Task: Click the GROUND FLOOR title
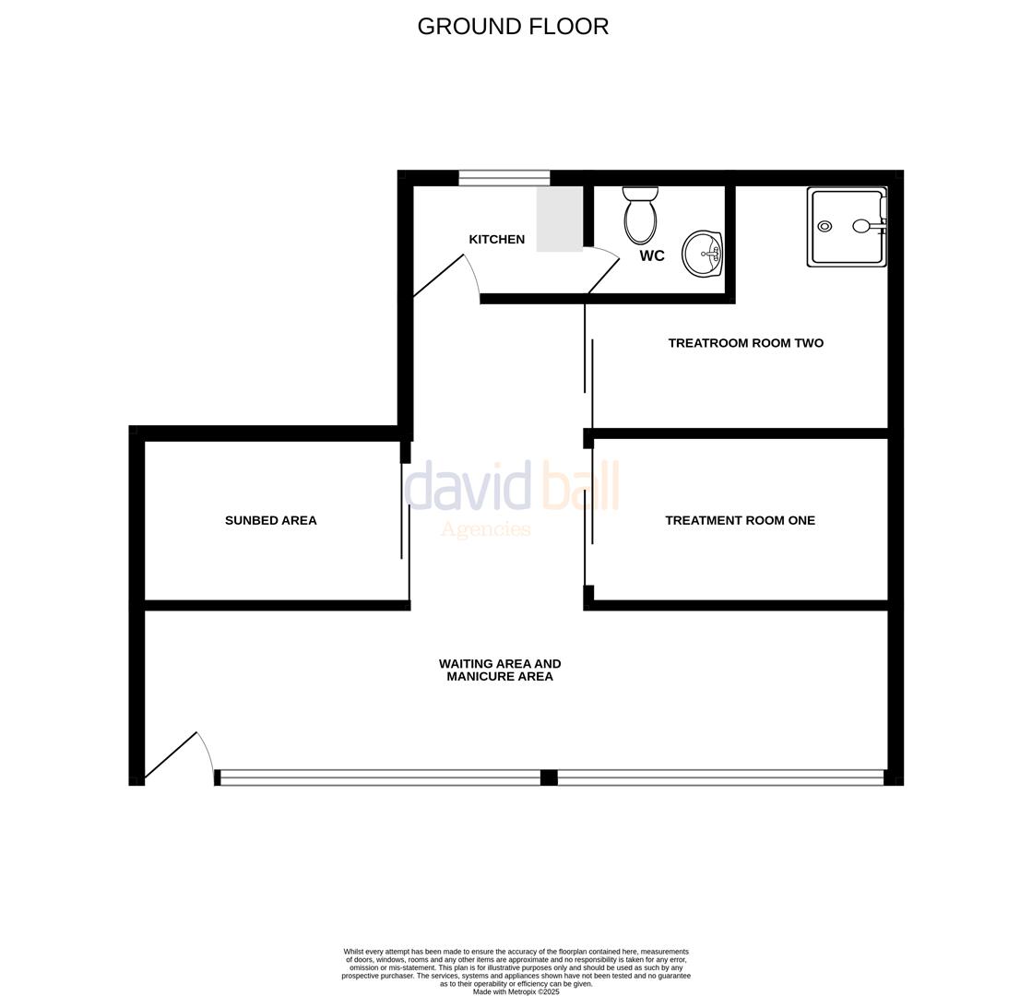pyautogui.click(x=513, y=27)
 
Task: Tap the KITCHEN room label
pyautogui.click(x=496, y=240)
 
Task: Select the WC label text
pyautogui.click(x=651, y=256)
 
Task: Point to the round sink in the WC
pyautogui.click(x=703, y=254)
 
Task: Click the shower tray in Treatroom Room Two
pyautogui.click(x=846, y=227)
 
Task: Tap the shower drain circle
pyautogui.click(x=824, y=227)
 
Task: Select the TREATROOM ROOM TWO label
pyautogui.click(x=745, y=343)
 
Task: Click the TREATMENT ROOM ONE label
pyautogui.click(x=740, y=520)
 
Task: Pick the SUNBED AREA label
pyautogui.click(x=270, y=521)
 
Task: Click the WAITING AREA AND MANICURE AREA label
pyautogui.click(x=499, y=670)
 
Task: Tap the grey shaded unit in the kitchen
pyautogui.click(x=559, y=219)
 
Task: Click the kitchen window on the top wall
pyautogui.click(x=504, y=178)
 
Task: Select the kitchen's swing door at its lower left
pyautogui.click(x=439, y=275)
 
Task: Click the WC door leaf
pyautogui.click(x=604, y=275)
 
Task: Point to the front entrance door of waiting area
pyautogui.click(x=172, y=755)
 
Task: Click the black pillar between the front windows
pyautogui.click(x=548, y=777)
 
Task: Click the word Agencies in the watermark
pyautogui.click(x=485, y=529)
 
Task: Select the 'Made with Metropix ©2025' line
pyautogui.click(x=516, y=991)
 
